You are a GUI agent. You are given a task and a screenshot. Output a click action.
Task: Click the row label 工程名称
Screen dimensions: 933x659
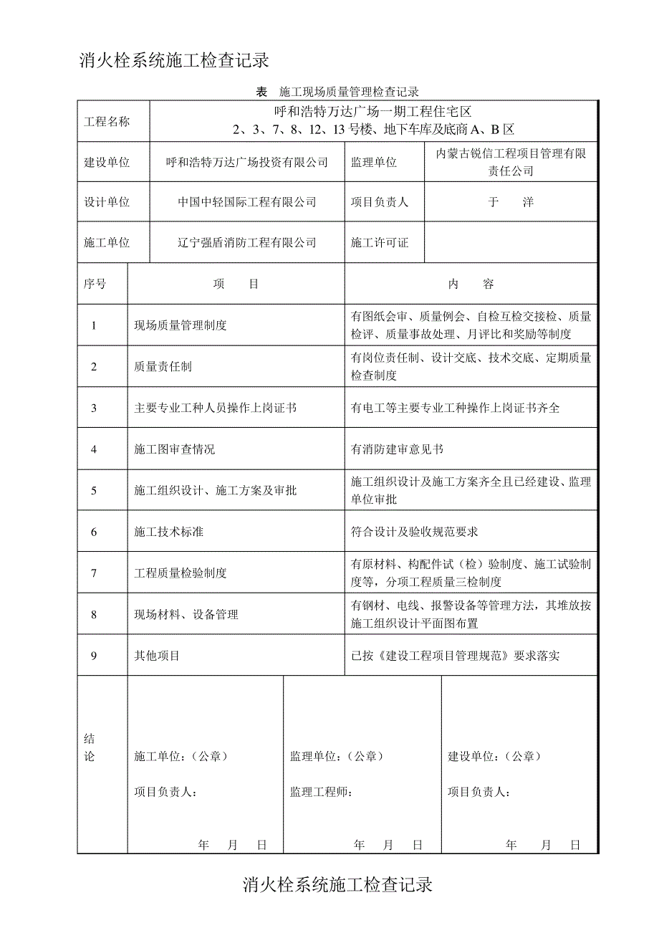point(107,121)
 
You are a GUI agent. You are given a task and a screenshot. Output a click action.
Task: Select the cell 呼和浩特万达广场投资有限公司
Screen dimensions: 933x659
point(246,163)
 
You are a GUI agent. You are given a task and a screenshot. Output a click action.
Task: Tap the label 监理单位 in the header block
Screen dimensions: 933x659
point(373,163)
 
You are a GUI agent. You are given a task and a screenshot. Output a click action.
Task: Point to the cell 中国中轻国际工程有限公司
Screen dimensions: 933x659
point(246,202)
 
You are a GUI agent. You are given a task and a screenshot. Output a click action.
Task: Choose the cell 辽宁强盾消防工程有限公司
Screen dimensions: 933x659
point(246,243)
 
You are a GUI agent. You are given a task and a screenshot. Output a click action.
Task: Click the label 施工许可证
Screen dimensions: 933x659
point(379,243)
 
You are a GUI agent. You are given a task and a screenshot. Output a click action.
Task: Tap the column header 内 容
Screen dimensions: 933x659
point(471,284)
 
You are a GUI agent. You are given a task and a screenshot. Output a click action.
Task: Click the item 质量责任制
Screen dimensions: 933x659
point(163,367)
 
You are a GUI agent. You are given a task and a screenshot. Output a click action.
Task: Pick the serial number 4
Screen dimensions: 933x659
point(94,449)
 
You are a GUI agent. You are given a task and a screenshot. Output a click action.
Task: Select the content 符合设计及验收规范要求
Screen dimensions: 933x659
point(414,532)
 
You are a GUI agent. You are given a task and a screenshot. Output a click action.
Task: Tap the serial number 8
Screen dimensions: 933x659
point(94,614)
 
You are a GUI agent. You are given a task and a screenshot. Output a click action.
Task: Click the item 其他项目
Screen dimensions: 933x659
point(157,655)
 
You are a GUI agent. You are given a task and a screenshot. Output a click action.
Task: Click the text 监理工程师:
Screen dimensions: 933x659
point(320,792)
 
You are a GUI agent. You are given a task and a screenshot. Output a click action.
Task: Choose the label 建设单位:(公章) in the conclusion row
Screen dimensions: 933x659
point(494,757)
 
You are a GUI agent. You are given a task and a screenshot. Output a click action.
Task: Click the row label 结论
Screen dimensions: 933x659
point(90,748)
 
